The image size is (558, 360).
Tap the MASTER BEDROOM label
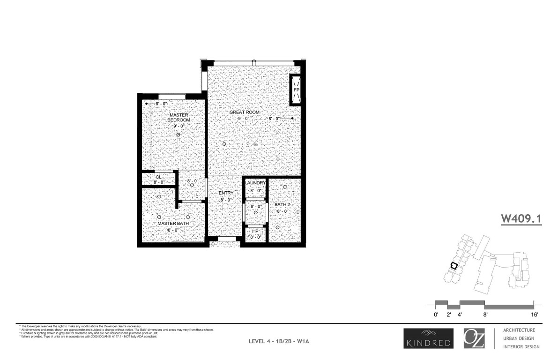click(x=179, y=117)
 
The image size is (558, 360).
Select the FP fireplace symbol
click(x=296, y=90)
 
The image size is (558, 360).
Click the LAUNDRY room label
click(x=255, y=183)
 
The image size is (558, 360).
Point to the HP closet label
click(x=255, y=231)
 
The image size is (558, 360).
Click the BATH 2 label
click(x=282, y=204)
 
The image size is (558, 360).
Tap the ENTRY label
click(x=226, y=193)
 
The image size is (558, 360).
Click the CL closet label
click(x=158, y=177)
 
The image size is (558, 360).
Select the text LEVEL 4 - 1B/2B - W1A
click(x=279, y=342)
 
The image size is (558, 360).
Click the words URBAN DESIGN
click(x=519, y=338)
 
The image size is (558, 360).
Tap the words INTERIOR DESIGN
click(x=521, y=347)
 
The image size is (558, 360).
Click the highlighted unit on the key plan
click(x=453, y=265)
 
